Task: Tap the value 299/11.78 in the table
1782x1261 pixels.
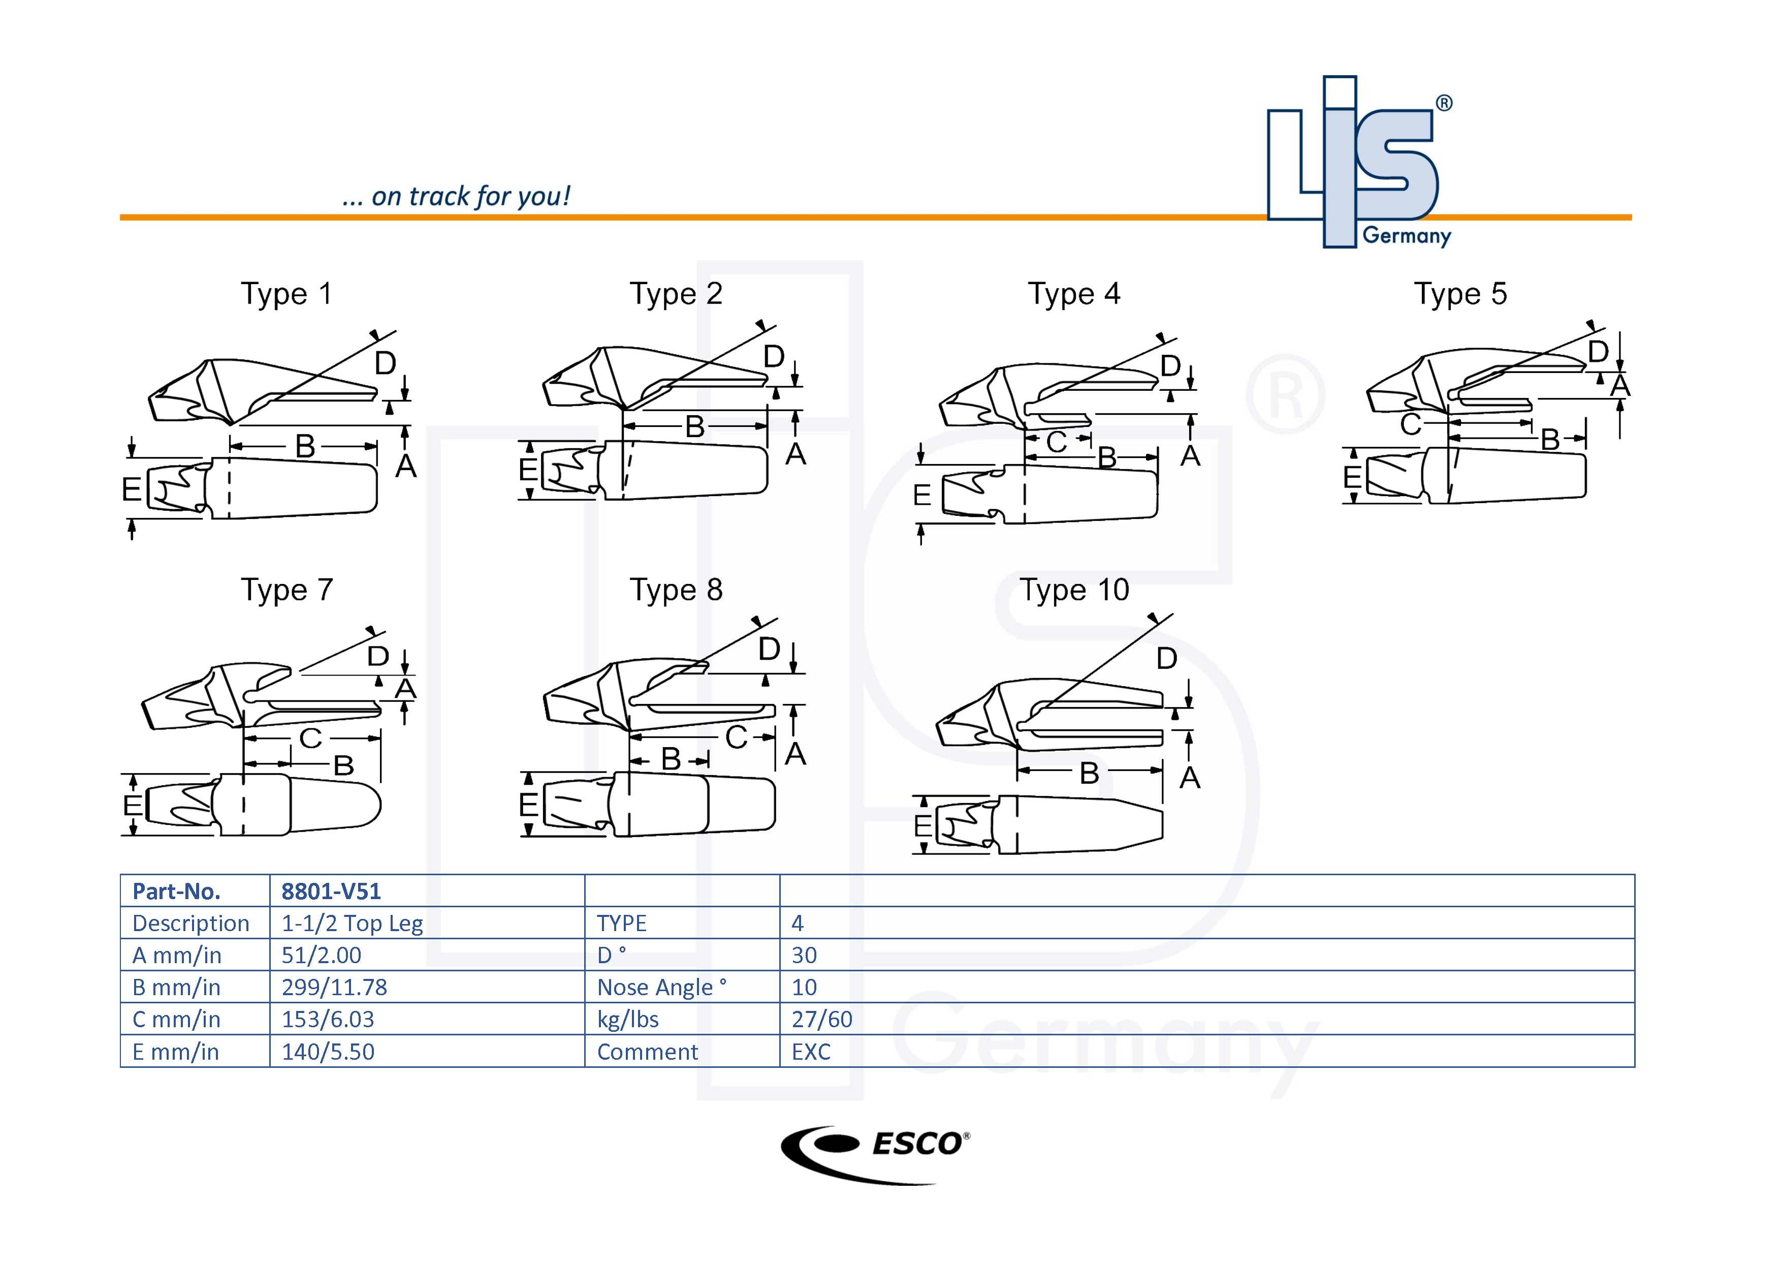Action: (x=334, y=987)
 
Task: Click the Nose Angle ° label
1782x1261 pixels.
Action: (x=661, y=987)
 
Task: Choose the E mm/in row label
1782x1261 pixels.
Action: (x=175, y=1052)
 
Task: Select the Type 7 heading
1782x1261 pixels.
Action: (x=287, y=590)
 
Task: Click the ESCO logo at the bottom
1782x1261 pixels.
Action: (x=875, y=1154)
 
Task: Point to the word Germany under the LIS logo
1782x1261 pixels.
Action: (x=1407, y=235)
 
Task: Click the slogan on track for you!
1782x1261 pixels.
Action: (x=456, y=197)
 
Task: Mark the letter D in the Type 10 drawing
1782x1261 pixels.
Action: (x=1166, y=658)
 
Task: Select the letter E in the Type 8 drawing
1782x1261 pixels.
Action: (x=528, y=805)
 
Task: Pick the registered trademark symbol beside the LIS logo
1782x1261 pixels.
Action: (x=1444, y=103)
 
